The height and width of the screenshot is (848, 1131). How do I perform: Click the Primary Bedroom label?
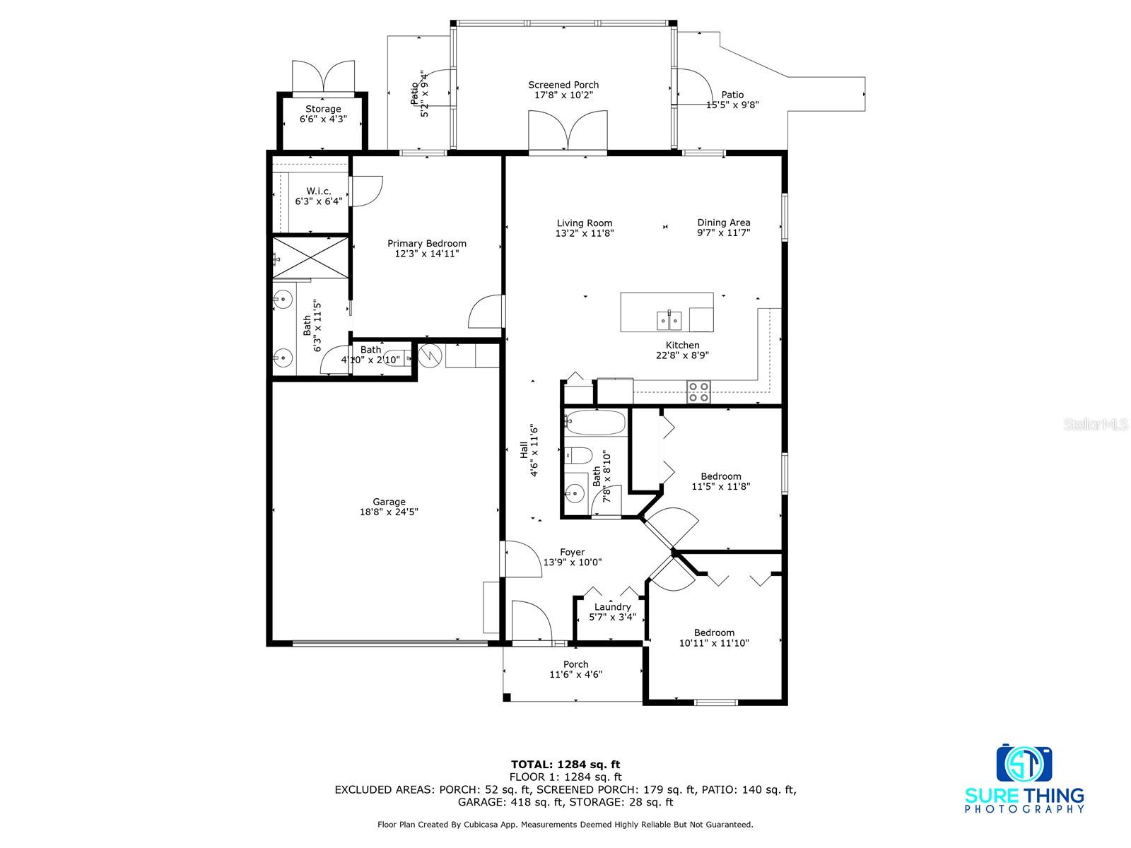coord(427,244)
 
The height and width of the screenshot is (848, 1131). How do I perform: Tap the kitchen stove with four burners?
coord(698,391)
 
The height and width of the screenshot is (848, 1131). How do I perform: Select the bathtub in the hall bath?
coord(595,423)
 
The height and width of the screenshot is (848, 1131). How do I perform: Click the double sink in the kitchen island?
coord(669,320)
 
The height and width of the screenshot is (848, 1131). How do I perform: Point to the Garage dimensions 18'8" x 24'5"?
coord(389,512)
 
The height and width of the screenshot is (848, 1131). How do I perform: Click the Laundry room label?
coord(612,607)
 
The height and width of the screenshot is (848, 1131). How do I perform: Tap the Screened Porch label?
coord(563,85)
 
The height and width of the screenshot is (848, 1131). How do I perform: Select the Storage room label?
coord(323,109)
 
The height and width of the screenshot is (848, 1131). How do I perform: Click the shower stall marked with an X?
coord(310,258)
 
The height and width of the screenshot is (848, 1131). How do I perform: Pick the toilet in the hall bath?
coord(579,455)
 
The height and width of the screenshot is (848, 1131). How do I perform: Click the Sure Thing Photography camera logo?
coord(1024,764)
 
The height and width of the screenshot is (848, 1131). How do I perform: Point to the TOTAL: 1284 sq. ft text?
coord(565,765)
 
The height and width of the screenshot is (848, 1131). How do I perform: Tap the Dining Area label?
coord(723,223)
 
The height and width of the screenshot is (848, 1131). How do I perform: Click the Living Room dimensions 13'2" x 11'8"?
coord(585,233)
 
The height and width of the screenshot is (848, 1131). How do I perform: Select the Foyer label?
coord(572,552)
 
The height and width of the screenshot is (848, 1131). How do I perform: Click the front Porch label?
coord(575,664)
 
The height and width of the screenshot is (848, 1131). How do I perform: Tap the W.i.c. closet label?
coord(318,191)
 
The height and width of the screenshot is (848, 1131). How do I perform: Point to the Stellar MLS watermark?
coord(1096,424)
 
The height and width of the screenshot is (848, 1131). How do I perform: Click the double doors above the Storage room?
coord(323,77)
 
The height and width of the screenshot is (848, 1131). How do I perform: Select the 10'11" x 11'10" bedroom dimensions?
coord(714,643)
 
